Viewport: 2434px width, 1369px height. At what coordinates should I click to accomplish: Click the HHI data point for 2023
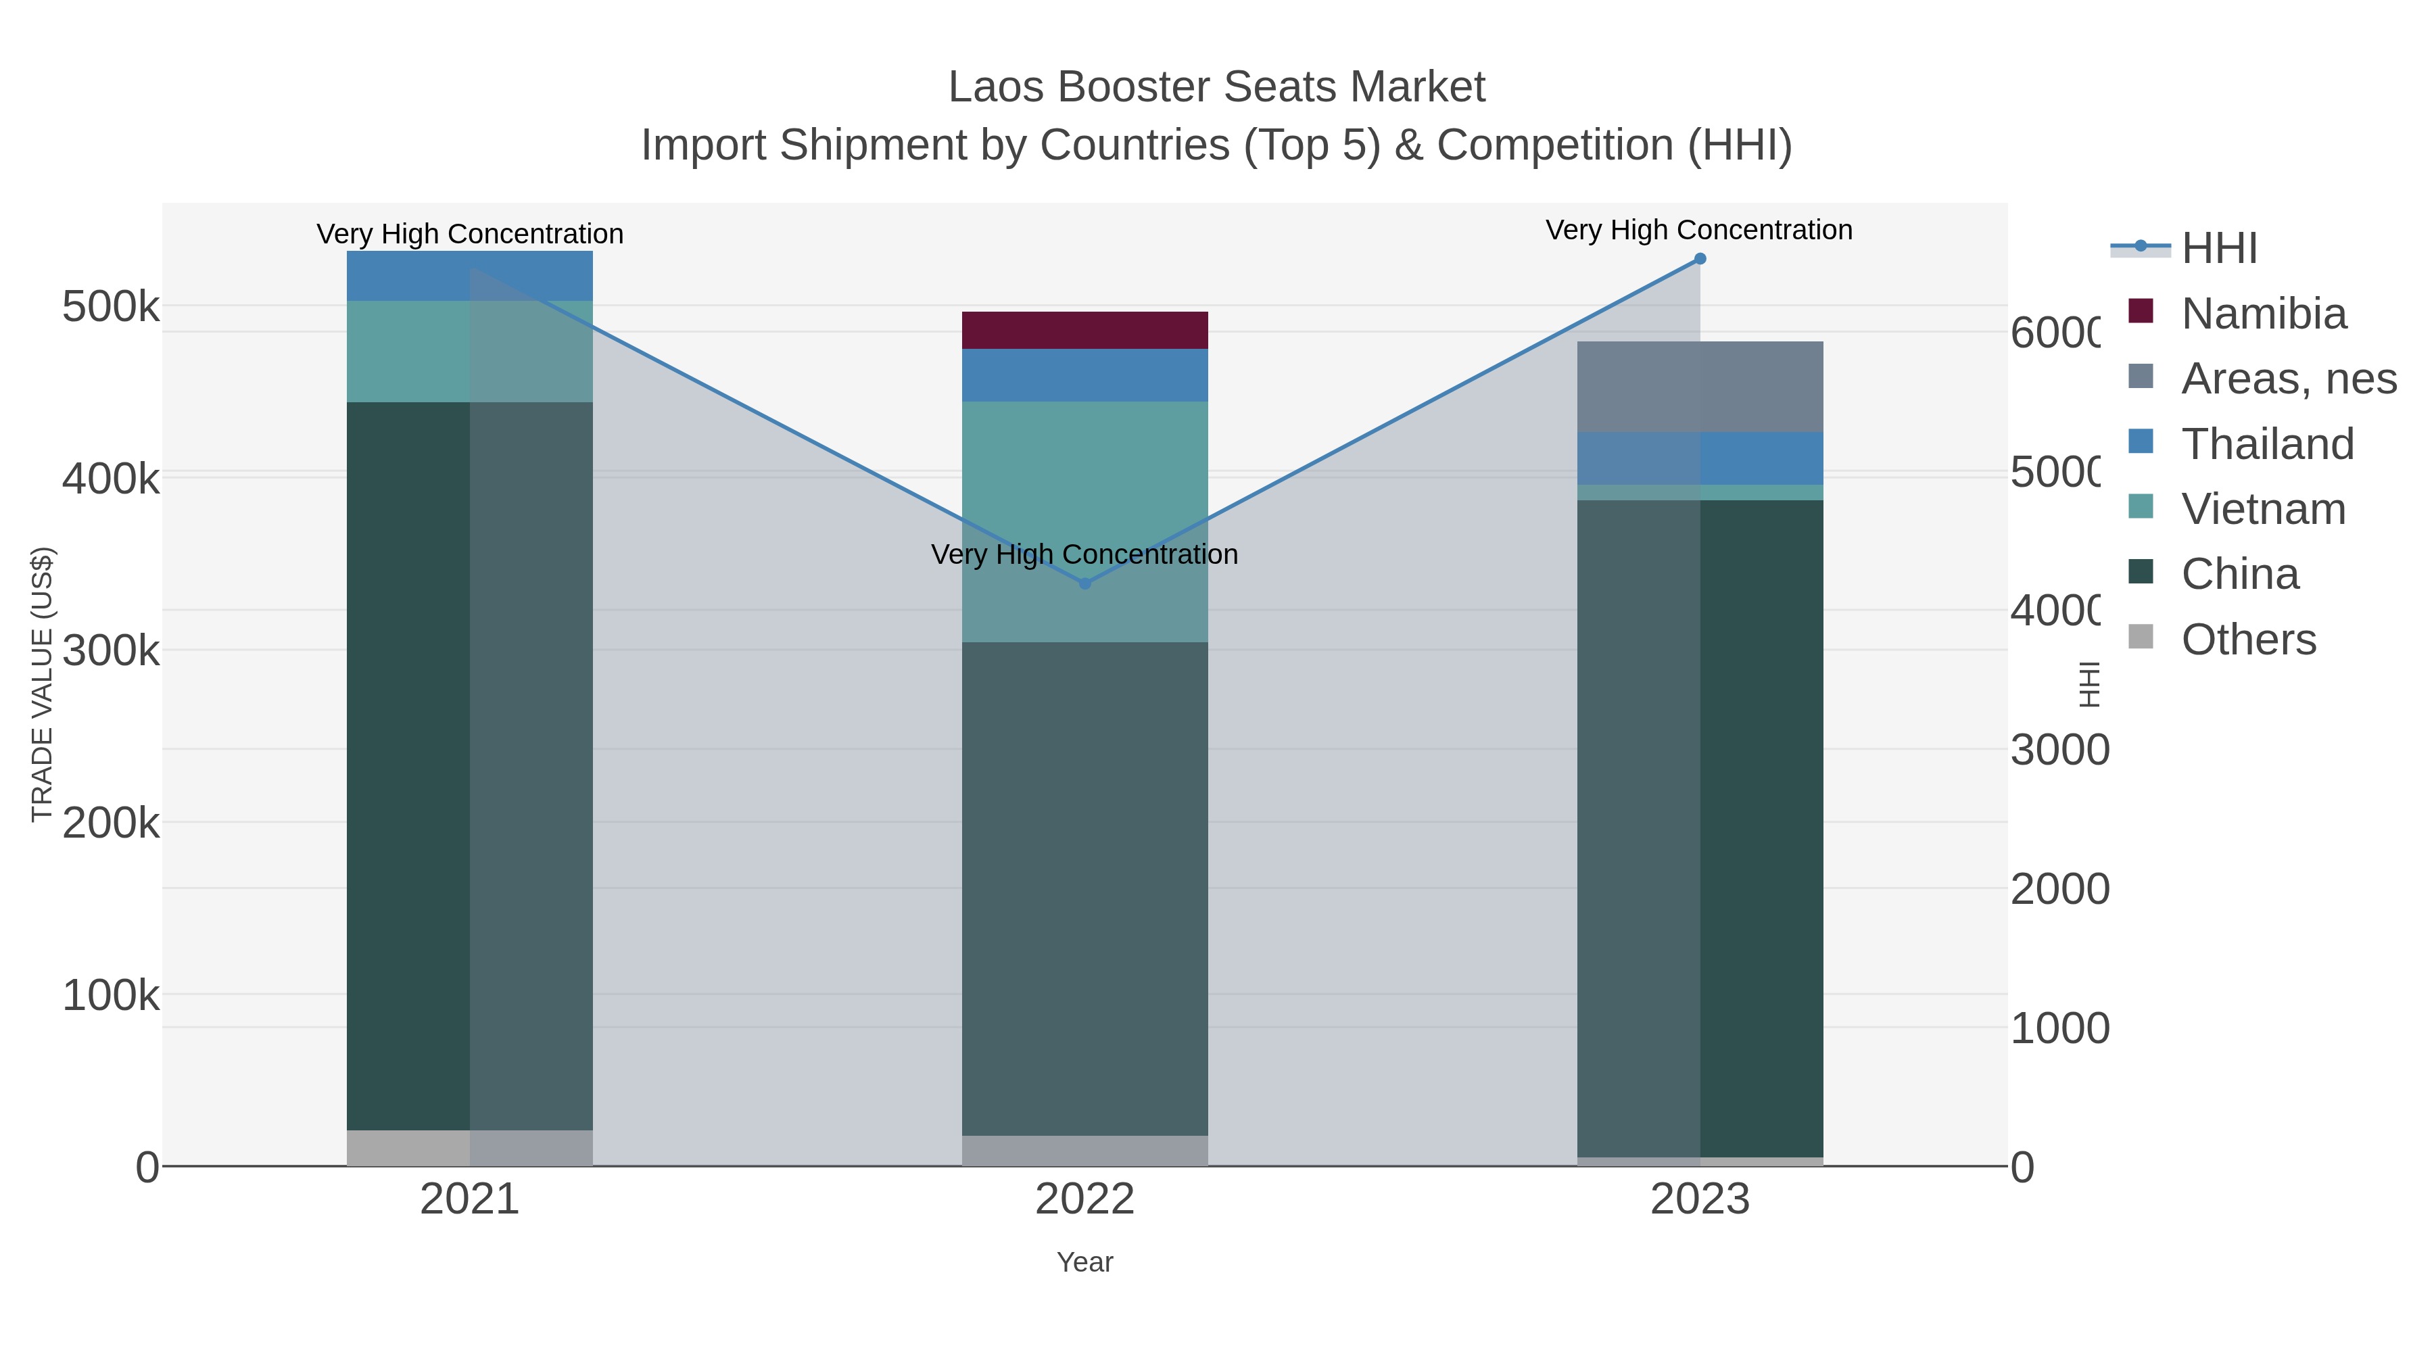[x=1700, y=259]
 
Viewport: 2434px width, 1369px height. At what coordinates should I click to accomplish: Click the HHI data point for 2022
[x=1084, y=584]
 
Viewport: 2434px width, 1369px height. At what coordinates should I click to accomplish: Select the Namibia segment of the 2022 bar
[x=1084, y=331]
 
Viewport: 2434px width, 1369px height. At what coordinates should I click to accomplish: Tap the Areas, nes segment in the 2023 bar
[x=1700, y=387]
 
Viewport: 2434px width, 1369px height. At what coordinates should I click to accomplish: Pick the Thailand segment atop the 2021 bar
[x=470, y=276]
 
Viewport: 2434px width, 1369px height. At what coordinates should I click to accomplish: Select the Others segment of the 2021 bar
[x=470, y=1148]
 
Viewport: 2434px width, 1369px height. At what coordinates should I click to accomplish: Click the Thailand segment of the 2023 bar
[x=1700, y=458]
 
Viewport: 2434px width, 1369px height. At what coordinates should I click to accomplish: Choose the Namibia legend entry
[x=2263, y=314]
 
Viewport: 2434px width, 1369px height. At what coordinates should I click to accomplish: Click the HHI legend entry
[x=2218, y=249]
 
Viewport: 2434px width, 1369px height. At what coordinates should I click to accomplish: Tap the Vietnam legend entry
[x=2263, y=509]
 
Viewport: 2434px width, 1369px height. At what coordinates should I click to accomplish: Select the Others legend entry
[x=2248, y=640]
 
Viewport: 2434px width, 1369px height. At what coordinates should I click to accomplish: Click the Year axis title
[x=1084, y=1262]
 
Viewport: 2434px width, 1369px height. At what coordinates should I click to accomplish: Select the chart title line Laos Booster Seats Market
[x=1216, y=87]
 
